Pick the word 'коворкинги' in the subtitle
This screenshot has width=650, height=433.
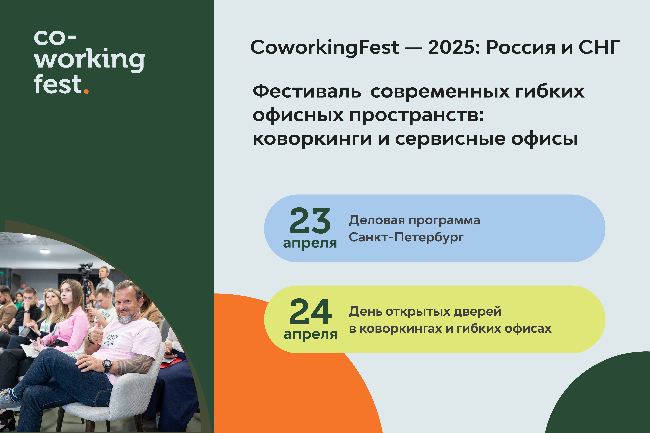tap(312, 139)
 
